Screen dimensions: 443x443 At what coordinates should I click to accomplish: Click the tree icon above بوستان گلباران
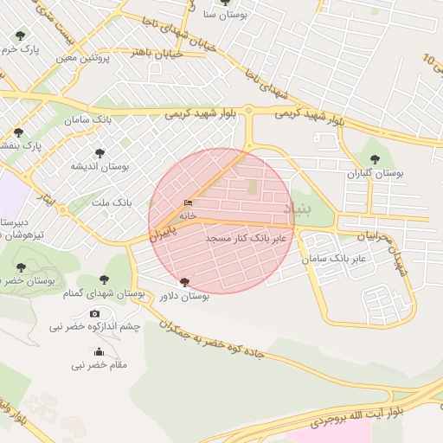click(374, 158)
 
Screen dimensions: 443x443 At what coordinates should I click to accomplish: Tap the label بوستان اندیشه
click(100, 165)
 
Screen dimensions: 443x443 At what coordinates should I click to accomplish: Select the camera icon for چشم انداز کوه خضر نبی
click(94, 313)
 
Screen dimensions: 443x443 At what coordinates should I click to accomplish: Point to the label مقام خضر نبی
click(99, 365)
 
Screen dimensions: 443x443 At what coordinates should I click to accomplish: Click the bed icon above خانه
click(188, 203)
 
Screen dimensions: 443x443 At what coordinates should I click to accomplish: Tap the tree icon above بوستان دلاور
click(183, 282)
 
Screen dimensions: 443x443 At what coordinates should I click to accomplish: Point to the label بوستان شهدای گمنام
click(103, 294)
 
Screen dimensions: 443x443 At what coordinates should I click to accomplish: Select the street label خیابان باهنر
click(157, 53)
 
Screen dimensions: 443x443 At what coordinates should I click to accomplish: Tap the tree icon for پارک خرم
click(21, 35)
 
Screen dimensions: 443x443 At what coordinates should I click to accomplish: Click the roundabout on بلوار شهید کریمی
click(248, 110)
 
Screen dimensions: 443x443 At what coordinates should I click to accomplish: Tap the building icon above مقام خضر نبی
click(99, 351)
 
